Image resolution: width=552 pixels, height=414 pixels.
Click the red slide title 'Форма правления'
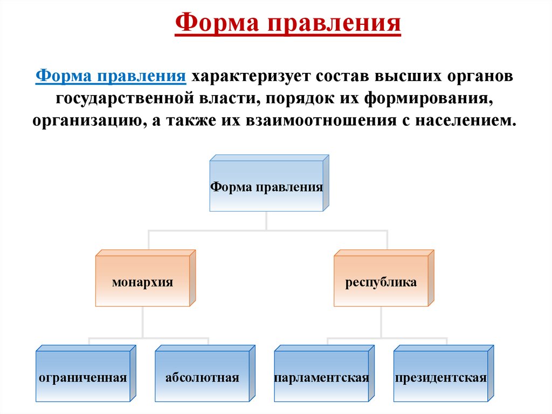pyautogui.click(x=288, y=23)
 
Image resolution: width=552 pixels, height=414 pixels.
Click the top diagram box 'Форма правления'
pyautogui.click(x=266, y=187)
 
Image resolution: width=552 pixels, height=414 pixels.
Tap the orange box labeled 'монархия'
pyautogui.click(x=142, y=282)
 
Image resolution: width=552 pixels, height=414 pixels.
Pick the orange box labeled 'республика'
pyautogui.click(x=381, y=282)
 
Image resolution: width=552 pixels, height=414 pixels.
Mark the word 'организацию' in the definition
pyautogui.click(x=87, y=119)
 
